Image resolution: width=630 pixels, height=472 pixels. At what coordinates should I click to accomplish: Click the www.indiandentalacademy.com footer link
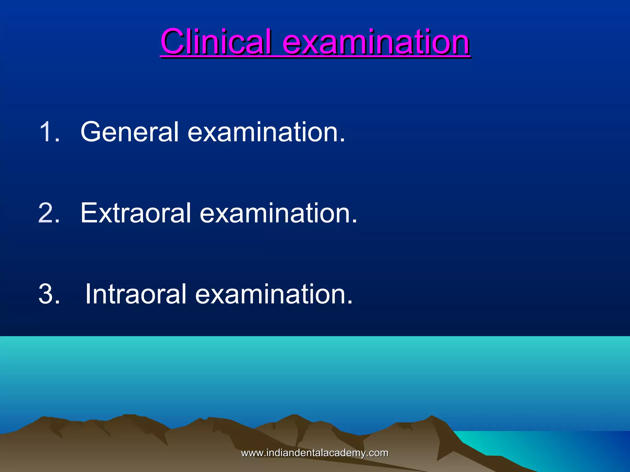(x=315, y=453)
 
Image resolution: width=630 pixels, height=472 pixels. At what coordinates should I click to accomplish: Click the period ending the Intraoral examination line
(x=350, y=303)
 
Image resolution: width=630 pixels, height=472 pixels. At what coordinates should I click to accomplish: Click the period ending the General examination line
(x=342, y=140)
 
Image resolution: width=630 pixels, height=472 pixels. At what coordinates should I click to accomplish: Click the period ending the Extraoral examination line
(x=355, y=221)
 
